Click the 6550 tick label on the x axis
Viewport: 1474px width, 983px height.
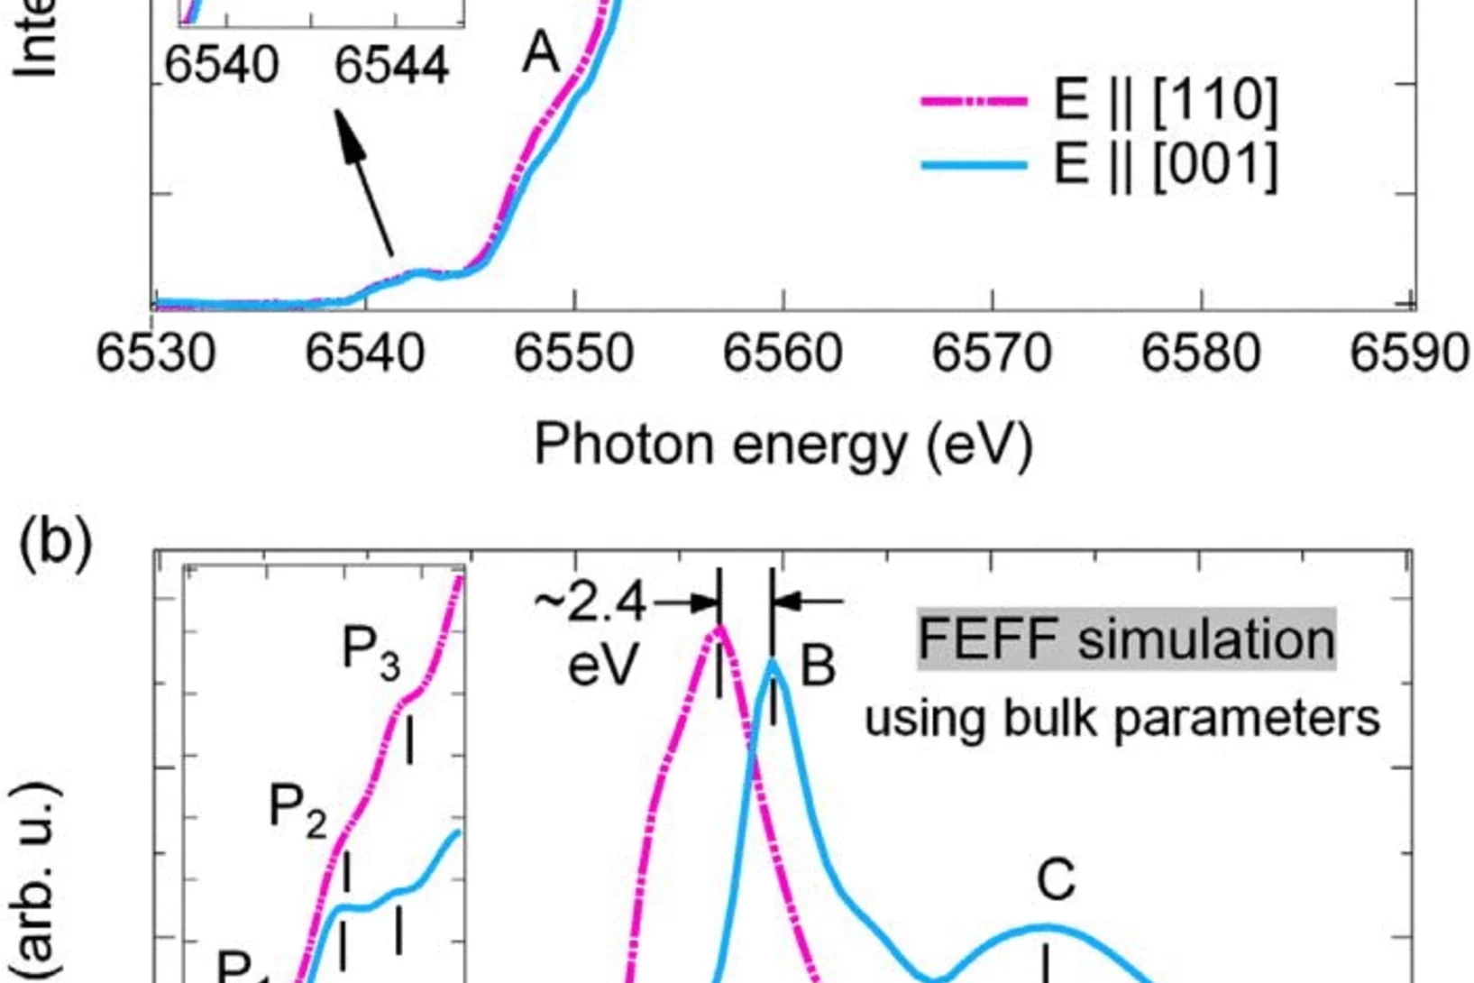573,353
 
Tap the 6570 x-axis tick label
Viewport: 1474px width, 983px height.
991,353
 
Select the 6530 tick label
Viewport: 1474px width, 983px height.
155,353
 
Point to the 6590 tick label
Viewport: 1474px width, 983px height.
1409,353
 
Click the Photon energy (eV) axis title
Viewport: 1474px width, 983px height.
783,445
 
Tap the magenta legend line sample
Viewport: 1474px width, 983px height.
974,101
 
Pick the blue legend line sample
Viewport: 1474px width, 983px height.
974,166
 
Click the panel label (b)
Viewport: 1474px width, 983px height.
55,544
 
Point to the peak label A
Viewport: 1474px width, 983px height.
540,53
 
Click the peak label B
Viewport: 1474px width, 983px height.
818,666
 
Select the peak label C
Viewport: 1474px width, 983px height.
1055,879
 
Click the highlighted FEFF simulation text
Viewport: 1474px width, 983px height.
1126,639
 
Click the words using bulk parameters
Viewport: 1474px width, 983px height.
1122,719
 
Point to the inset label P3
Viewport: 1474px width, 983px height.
371,651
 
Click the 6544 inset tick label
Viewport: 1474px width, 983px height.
391,66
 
